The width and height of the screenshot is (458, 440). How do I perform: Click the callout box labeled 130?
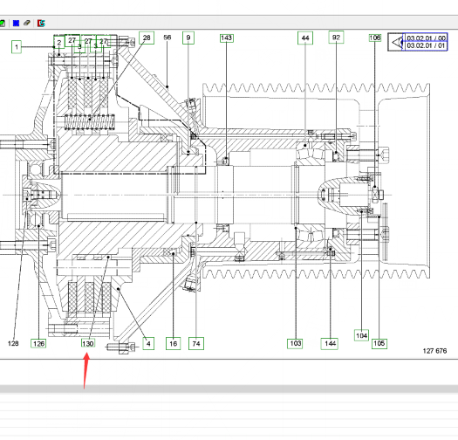(x=88, y=343)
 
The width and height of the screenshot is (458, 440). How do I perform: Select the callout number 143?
(x=226, y=38)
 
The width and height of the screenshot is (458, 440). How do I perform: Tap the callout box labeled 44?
(x=305, y=38)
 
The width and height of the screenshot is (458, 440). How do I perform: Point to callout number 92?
(x=336, y=38)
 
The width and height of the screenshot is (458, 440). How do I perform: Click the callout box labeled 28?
(x=147, y=38)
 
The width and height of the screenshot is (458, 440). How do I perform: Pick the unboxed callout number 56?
(x=167, y=38)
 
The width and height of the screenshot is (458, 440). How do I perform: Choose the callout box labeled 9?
(x=188, y=38)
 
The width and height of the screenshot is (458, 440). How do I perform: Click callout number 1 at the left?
(x=17, y=47)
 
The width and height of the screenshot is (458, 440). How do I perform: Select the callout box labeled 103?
(x=296, y=343)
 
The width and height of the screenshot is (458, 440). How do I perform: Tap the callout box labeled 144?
(x=330, y=343)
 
